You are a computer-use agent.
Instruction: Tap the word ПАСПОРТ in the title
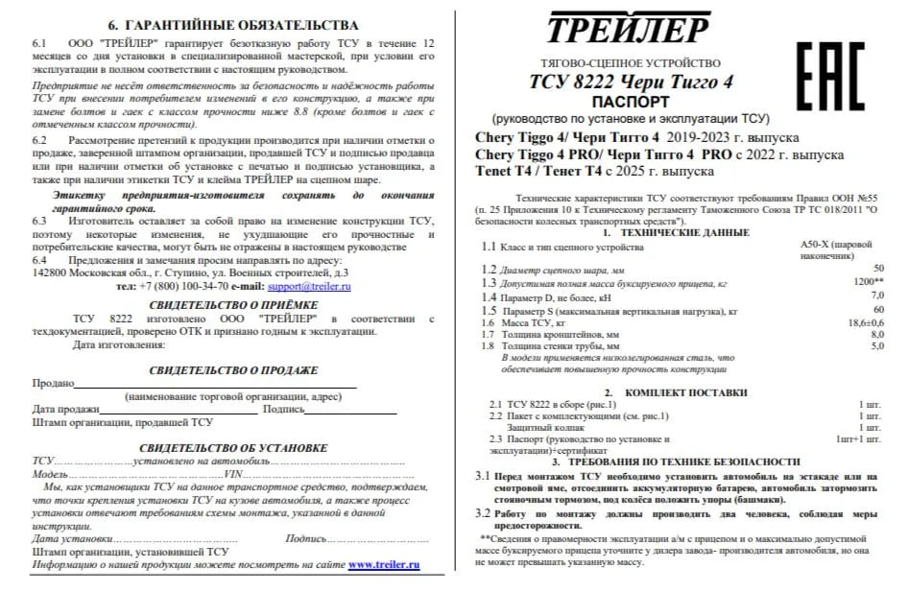click(x=631, y=100)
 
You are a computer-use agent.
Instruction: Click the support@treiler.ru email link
click(x=309, y=286)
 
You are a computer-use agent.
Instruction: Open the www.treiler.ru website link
click(x=384, y=565)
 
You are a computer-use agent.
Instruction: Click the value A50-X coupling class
click(x=822, y=245)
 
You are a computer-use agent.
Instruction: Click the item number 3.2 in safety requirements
click(x=485, y=513)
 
